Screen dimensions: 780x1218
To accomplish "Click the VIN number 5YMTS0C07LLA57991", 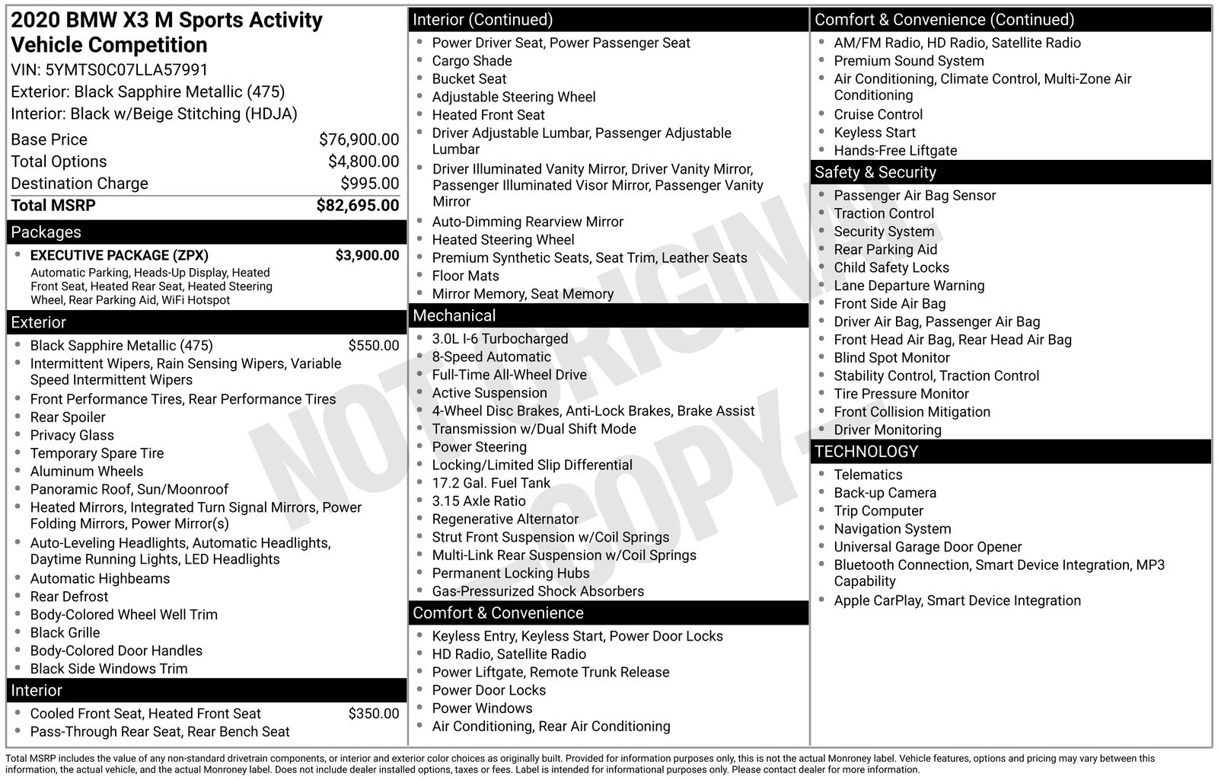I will pos(126,70).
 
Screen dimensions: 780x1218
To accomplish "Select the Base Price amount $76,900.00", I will pos(359,139).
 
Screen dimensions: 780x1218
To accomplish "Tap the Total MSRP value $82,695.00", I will pos(357,206).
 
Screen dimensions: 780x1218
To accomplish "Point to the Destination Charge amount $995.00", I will pos(369,184).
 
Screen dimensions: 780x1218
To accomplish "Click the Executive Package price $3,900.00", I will pos(367,255).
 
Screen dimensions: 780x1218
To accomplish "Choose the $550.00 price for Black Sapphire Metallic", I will pos(373,346).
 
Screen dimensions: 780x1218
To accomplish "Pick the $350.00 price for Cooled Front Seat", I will pos(373,714).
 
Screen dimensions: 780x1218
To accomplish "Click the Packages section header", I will pos(46,232).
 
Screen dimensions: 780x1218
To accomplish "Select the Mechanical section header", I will pos(454,315).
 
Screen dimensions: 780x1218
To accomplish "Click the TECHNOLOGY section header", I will pos(866,452).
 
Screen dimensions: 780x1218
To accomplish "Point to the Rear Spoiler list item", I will pos(68,417).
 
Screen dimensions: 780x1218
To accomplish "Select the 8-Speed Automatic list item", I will pos(491,357).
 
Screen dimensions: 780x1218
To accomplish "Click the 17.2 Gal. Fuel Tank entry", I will pos(492,483).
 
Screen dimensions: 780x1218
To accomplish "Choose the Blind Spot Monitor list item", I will pos(891,358).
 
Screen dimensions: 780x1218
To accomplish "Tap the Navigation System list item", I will pos(892,529).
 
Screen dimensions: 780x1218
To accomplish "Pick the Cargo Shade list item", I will pos(471,61).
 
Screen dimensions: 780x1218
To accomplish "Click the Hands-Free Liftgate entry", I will pos(895,151).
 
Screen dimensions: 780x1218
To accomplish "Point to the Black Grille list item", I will pos(65,633).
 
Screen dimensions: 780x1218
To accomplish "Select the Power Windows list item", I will pos(482,708).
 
